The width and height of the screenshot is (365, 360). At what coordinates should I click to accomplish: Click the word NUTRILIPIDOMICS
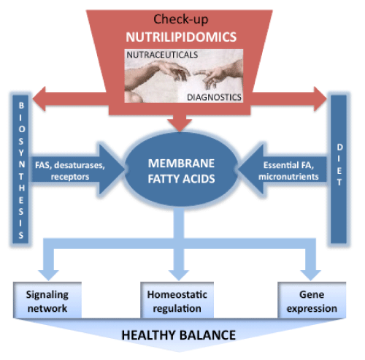pos(181,37)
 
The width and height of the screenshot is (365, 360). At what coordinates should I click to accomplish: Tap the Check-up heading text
pos(181,19)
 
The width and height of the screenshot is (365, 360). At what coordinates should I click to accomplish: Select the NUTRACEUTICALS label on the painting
pos(162,55)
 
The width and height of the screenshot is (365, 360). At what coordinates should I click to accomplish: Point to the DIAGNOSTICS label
pos(214,97)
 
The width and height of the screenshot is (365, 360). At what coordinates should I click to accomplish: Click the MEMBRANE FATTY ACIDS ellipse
pos(181,169)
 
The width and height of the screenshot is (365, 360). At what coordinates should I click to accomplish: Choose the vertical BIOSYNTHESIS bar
pos(21,169)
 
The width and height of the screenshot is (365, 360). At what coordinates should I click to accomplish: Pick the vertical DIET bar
pos(339,169)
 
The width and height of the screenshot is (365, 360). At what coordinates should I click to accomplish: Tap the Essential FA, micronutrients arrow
pos(283,169)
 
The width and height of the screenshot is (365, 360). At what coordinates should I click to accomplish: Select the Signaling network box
pos(47,300)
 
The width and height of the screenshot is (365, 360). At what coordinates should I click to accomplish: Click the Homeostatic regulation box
pos(177,300)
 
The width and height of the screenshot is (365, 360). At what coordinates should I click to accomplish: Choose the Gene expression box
pos(312,300)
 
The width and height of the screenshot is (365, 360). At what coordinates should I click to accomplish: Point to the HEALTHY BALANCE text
pos(179,335)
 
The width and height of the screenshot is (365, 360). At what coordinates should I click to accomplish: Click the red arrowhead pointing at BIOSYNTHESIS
pos(39,99)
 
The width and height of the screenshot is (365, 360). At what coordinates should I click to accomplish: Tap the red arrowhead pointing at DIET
pos(320,99)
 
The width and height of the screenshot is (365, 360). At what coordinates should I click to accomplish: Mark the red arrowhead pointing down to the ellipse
pos(180,125)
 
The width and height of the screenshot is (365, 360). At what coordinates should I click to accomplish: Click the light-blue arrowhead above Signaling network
pos(48,275)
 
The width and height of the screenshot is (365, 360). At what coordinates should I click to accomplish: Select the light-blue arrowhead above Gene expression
pos(311,275)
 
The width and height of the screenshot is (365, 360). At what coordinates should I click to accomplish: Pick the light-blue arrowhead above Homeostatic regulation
pos(179,275)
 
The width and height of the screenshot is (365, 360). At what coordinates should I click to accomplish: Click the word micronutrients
pos(288,177)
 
